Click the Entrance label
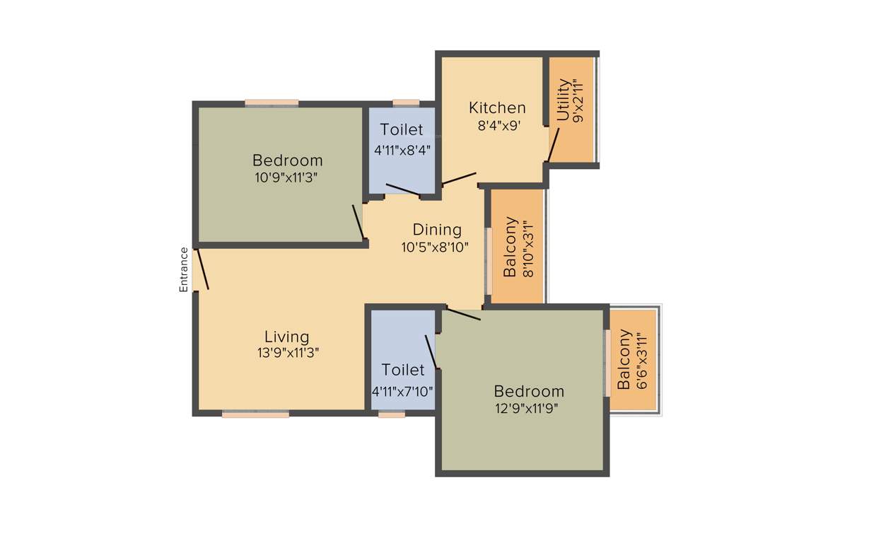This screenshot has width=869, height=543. (x=184, y=269)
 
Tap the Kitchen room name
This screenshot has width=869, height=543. (x=498, y=107)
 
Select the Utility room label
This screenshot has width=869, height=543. (x=563, y=100)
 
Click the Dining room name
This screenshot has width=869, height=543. (x=437, y=230)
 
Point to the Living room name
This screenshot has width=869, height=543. (x=287, y=337)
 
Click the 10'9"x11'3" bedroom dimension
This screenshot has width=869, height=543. (x=286, y=177)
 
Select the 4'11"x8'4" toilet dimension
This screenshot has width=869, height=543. (x=402, y=150)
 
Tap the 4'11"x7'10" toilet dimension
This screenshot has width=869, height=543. (x=402, y=390)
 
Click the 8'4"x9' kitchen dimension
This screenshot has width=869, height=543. (x=498, y=127)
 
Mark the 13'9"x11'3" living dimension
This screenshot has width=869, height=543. (x=288, y=354)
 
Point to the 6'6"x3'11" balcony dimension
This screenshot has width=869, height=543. (x=642, y=361)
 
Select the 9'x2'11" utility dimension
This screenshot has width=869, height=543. (x=580, y=103)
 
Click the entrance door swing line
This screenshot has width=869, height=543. (x=202, y=269)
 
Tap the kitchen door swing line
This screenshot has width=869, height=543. (x=460, y=179)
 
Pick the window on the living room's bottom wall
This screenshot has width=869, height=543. (x=255, y=415)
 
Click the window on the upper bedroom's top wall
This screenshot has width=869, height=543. (x=272, y=103)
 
